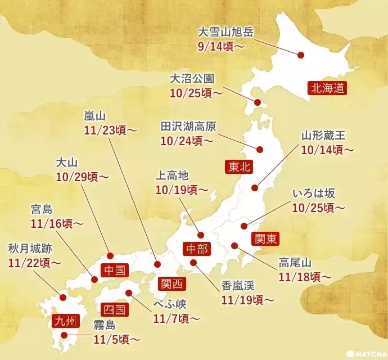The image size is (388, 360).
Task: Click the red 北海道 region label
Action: (326, 87)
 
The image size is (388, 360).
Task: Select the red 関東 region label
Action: (264, 238)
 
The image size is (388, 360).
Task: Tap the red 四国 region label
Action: (115, 309)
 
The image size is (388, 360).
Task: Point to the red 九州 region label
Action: (62, 321)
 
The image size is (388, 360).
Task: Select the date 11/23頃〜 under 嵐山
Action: (110, 130)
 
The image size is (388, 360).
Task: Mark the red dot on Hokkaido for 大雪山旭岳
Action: (301, 56)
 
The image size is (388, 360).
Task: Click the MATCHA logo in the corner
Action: (366, 354)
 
